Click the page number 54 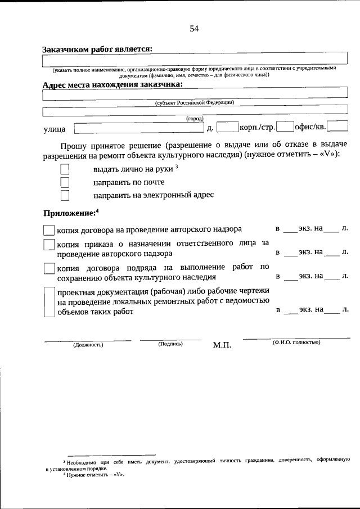click(x=195, y=29)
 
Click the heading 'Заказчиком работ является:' click(x=97, y=49)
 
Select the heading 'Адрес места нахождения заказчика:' click(x=112, y=84)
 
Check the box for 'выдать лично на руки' click(x=65, y=169)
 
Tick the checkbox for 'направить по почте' click(x=65, y=182)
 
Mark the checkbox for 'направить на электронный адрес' click(x=65, y=195)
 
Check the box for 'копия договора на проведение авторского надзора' click(x=49, y=229)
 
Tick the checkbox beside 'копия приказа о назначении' click(x=49, y=245)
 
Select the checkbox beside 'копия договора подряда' click(x=49, y=269)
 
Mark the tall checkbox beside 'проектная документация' click(x=49, y=302)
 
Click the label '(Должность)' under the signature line click(x=88, y=345)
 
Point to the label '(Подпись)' click(x=170, y=344)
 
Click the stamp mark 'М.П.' click(x=222, y=345)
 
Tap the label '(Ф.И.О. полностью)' click(x=296, y=343)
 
